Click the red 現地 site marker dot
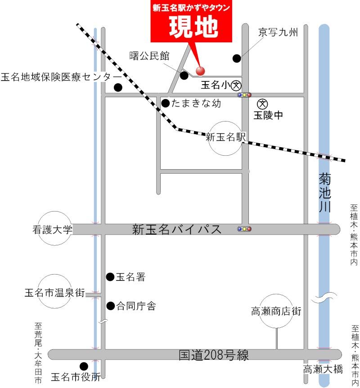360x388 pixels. coord(200,71)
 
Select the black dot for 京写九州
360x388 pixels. coord(236,58)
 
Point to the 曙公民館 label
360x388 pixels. coord(149,56)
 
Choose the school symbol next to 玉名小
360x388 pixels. coord(236,85)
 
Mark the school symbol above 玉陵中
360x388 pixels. coord(265,104)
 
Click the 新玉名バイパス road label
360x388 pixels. coord(177,229)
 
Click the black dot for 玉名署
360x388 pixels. coord(110,277)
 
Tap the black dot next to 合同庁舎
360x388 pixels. coord(110,306)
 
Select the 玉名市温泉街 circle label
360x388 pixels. coord(55,293)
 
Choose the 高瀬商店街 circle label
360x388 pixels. coord(276,311)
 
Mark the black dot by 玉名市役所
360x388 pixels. coord(84,366)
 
